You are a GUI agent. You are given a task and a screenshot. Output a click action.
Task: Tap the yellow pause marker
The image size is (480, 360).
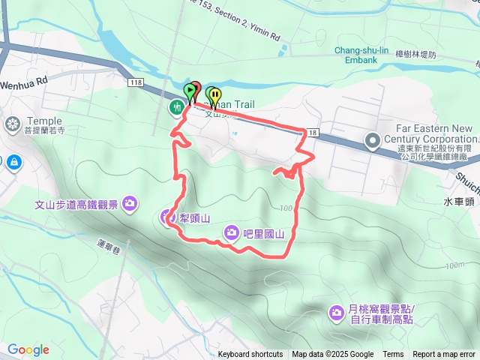(x=215, y=95)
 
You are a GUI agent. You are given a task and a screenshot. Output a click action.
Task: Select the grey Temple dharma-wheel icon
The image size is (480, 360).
(x=12, y=124)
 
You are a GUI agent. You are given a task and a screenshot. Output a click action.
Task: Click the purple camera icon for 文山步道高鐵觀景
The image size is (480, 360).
(x=130, y=203)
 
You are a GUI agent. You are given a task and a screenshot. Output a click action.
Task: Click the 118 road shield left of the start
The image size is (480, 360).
(x=135, y=81)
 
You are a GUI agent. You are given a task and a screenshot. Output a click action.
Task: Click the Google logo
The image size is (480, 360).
(x=28, y=349)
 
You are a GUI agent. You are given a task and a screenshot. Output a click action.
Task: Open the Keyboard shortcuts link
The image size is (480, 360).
(x=250, y=355)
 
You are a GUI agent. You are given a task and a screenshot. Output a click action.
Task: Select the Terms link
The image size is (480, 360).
(x=393, y=355)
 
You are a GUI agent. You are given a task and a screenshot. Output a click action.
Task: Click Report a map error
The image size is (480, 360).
(x=445, y=355)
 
